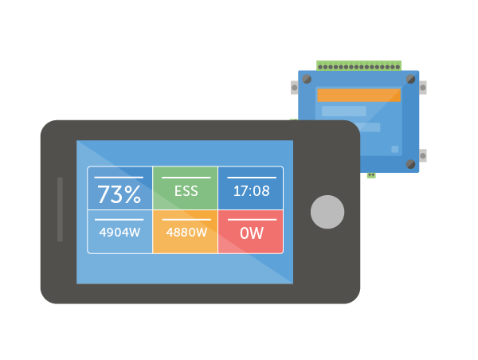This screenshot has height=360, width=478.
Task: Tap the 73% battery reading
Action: pos(119,194)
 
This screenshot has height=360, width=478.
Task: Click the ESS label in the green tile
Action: pos(186,191)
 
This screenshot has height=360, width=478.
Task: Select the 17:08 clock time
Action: pos(251,191)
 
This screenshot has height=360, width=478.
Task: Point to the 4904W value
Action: pos(119,233)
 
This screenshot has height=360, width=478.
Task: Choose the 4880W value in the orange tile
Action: pos(186,233)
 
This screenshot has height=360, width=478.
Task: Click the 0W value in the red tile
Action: pos(251,233)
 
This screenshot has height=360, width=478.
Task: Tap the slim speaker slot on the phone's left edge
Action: pos(60,209)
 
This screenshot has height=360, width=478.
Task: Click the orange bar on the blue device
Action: pos(358,95)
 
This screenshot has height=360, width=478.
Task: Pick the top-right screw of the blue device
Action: pos(410,80)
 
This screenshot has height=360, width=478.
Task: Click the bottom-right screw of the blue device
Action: pos(410,164)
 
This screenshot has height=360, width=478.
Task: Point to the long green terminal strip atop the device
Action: pos(358,65)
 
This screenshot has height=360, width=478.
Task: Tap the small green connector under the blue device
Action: pos(371,174)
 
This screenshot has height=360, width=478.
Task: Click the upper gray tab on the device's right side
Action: pos(422,86)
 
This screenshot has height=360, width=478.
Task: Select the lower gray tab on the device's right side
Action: pos(422,155)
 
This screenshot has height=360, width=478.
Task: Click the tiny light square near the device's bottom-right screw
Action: pos(394,149)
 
